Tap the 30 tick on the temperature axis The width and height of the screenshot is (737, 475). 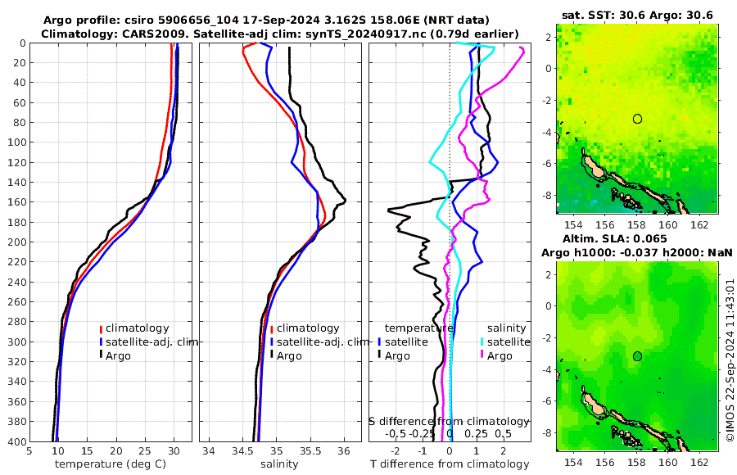point(174,450)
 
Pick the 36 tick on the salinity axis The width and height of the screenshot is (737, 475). point(344,450)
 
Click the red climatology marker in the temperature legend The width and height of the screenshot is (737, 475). point(101,328)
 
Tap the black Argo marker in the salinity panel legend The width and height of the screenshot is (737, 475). point(271,355)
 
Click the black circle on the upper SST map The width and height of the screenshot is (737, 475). point(637,119)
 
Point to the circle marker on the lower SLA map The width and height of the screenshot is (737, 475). point(637,356)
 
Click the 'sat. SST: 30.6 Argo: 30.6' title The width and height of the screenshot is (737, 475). point(638,15)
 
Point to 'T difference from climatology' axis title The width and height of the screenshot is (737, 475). point(450,464)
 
